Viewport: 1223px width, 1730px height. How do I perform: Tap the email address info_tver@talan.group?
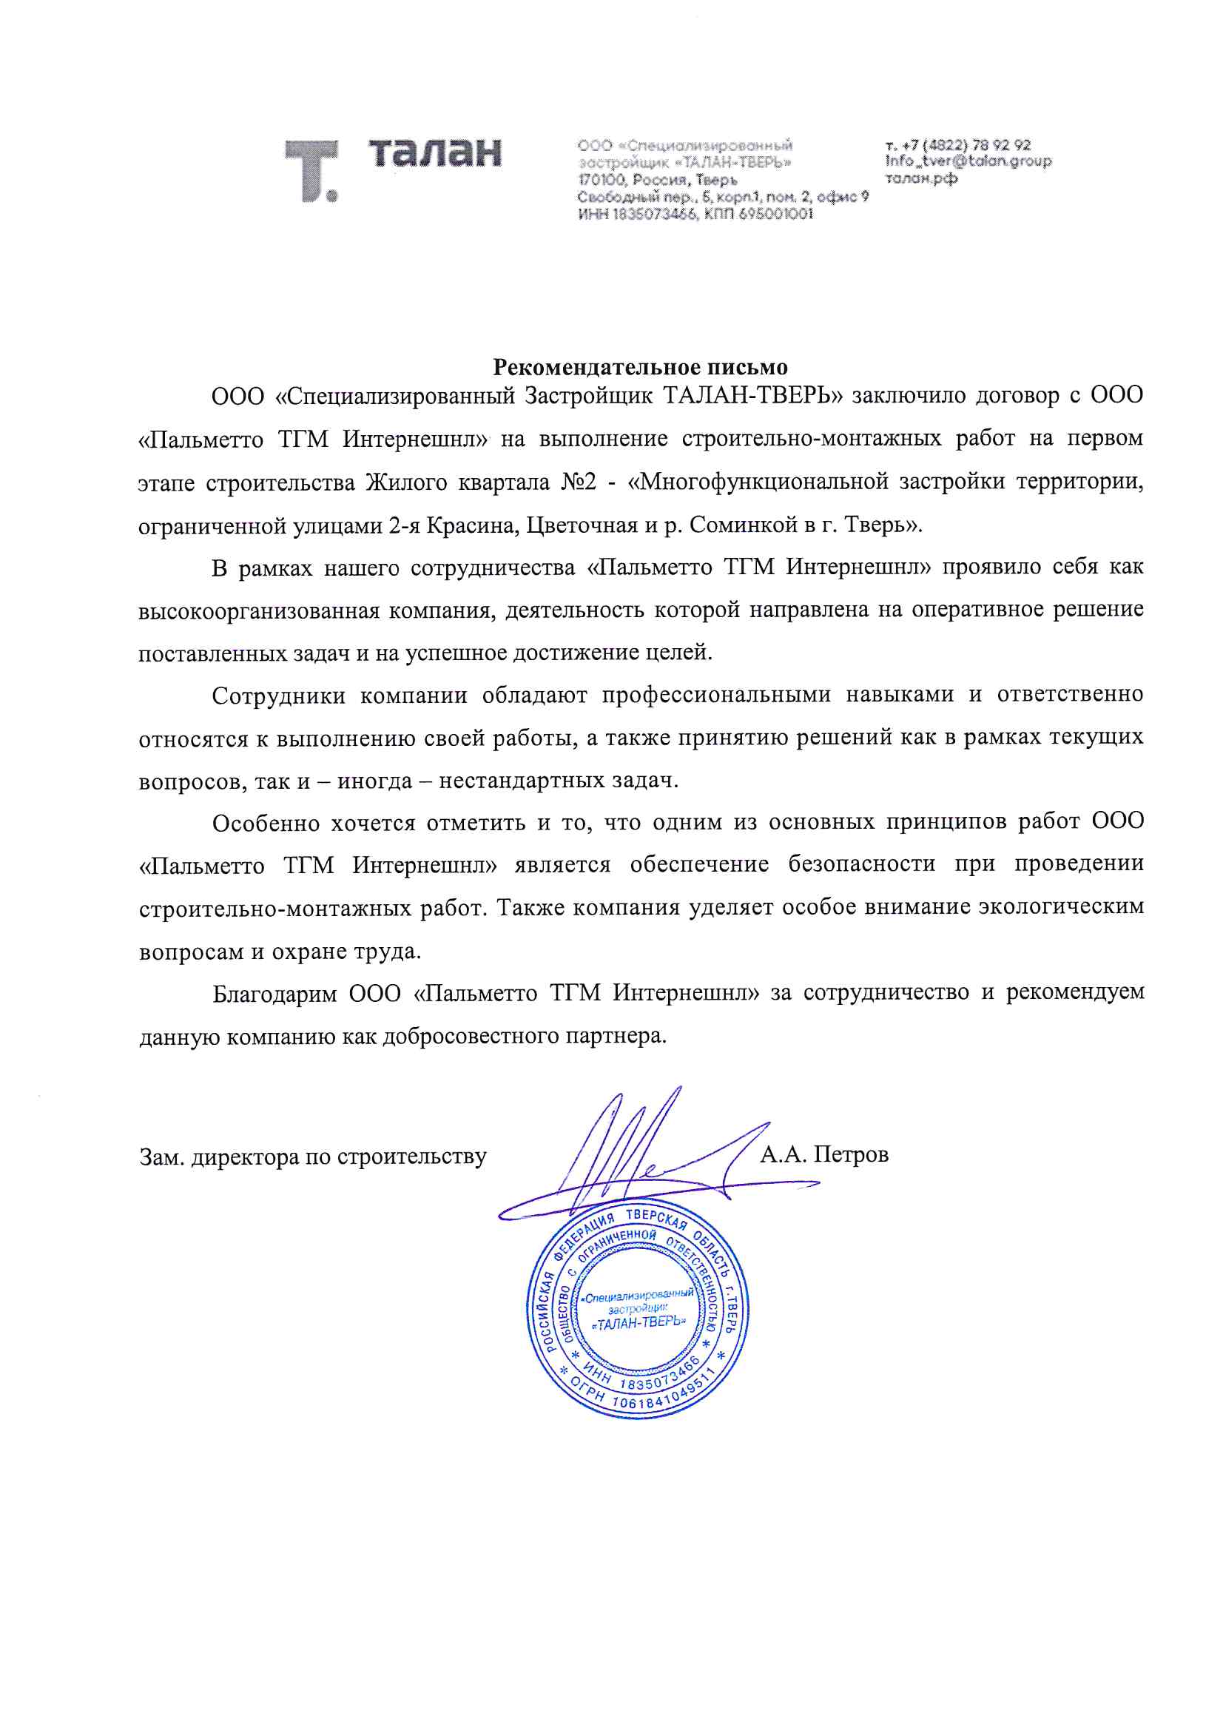pos(968,161)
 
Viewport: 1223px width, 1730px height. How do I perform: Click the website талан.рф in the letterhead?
pos(921,178)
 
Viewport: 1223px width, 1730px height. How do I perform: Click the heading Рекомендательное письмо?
pos(640,367)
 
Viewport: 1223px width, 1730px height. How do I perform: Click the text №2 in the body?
pos(578,482)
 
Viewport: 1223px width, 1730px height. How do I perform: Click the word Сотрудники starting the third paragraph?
pos(278,695)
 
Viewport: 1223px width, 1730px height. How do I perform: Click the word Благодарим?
pos(274,994)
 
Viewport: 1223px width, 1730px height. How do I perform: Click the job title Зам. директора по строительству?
pos(313,1157)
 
